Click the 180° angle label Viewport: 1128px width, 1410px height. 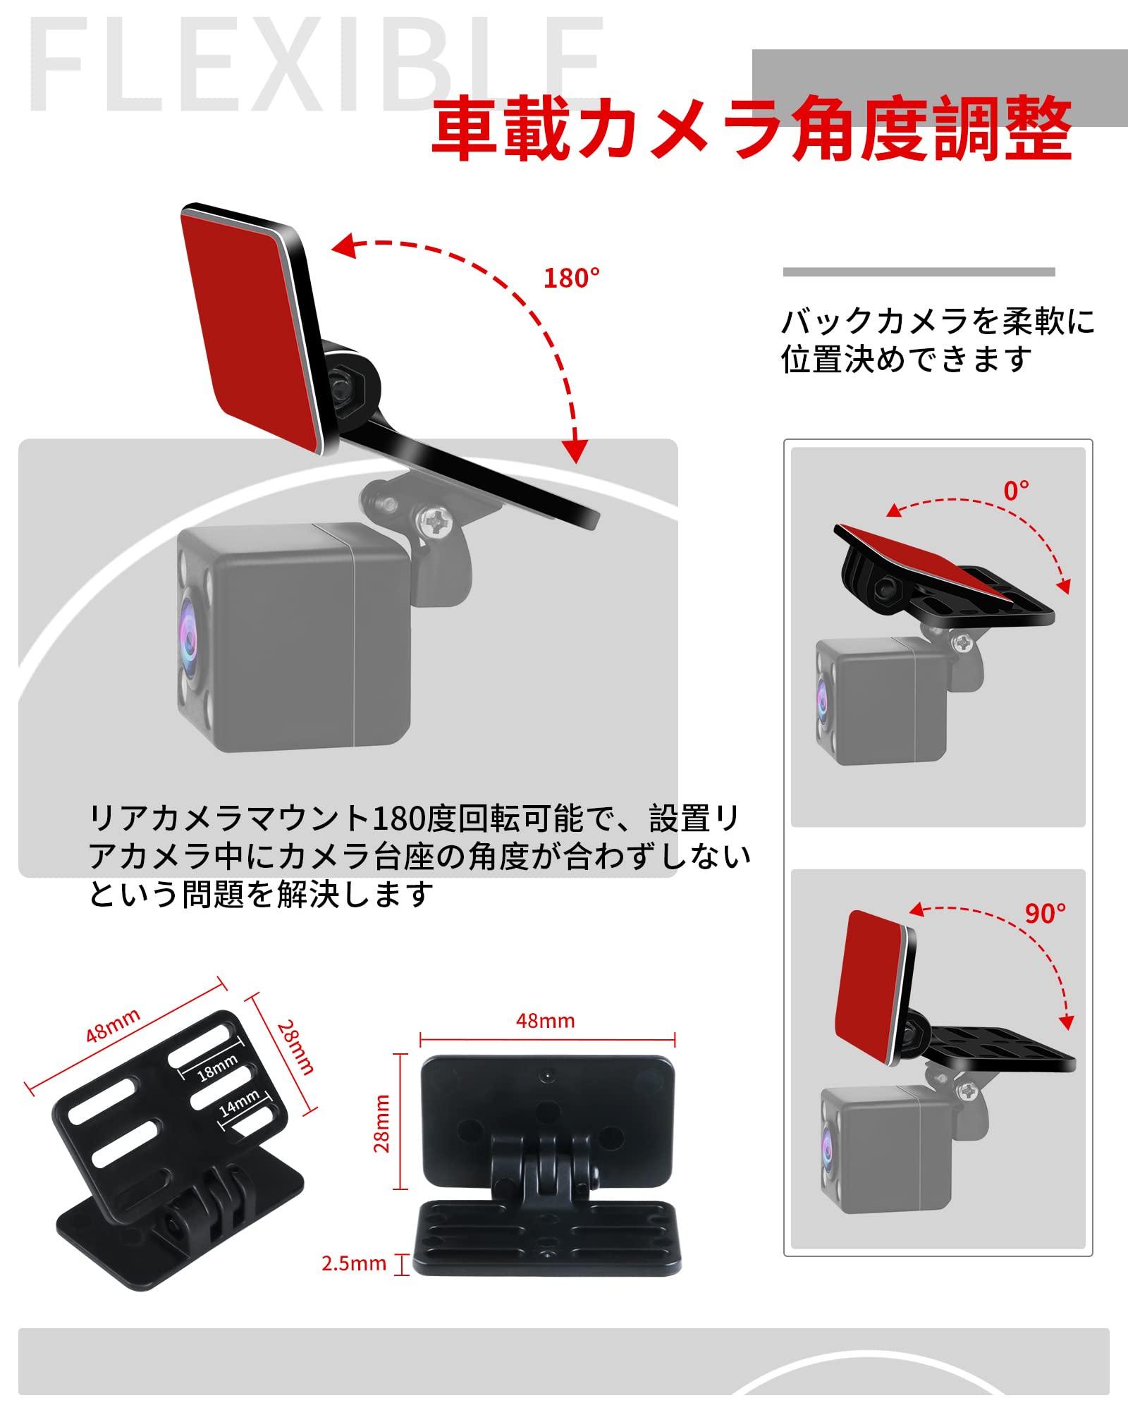[571, 278]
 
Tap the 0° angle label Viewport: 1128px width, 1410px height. [1016, 491]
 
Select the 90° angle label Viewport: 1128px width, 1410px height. [1045, 914]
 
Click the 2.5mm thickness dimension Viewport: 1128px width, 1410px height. [354, 1263]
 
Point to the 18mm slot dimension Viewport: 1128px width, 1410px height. [216, 1068]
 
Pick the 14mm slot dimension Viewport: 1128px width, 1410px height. [239, 1103]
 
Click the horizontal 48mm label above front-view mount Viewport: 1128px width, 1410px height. [545, 1020]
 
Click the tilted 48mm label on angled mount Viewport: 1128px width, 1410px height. [113, 1026]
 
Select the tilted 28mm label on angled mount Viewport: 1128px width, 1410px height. [295, 1048]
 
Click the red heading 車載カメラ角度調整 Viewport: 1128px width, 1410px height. [751, 129]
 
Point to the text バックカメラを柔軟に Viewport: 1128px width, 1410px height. [938, 321]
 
